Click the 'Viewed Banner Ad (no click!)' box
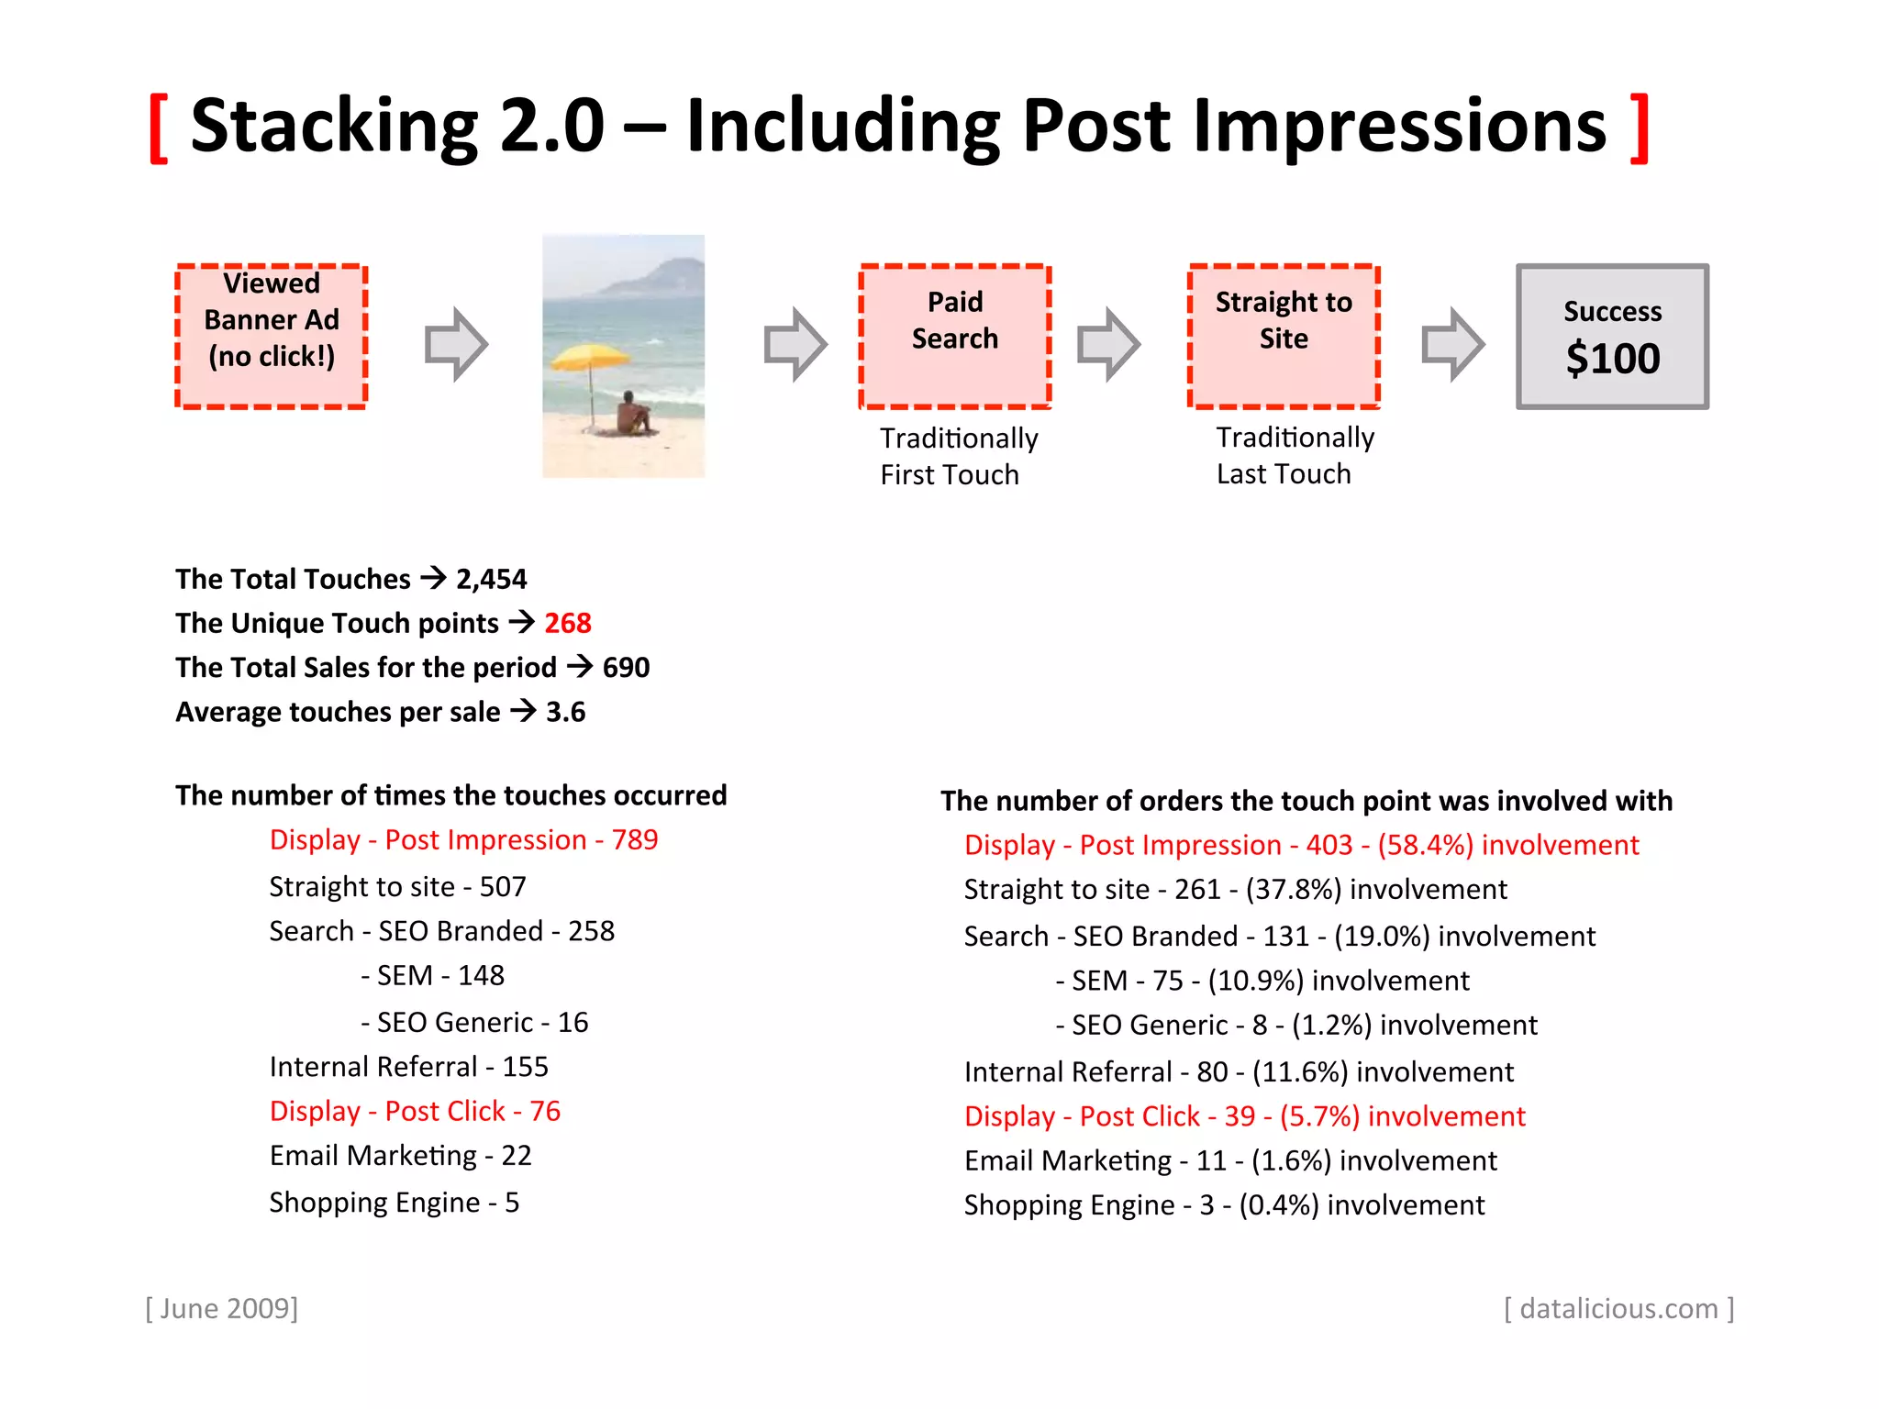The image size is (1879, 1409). (272, 337)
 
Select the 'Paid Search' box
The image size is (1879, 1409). (955, 337)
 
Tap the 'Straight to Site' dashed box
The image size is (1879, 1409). (1284, 337)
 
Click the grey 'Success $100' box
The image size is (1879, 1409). (1612, 337)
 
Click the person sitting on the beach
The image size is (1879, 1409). (632, 414)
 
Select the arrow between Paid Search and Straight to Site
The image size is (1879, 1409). (1108, 344)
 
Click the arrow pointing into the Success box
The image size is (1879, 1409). (1452, 344)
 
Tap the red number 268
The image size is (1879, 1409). (568, 624)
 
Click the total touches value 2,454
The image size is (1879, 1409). (492, 580)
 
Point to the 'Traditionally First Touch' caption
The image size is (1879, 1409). (958, 457)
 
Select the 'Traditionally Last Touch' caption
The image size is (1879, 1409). (1295, 456)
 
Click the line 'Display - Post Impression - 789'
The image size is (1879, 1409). (463, 840)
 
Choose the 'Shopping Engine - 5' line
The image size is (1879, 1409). (395, 1203)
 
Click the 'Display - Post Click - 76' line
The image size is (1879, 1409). (415, 1112)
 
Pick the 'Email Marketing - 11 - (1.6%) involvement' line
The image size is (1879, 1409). (1230, 1161)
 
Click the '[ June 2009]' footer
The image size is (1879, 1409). (222, 1308)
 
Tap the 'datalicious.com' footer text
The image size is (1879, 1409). (1618, 1308)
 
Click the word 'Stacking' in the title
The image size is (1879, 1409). (334, 126)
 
